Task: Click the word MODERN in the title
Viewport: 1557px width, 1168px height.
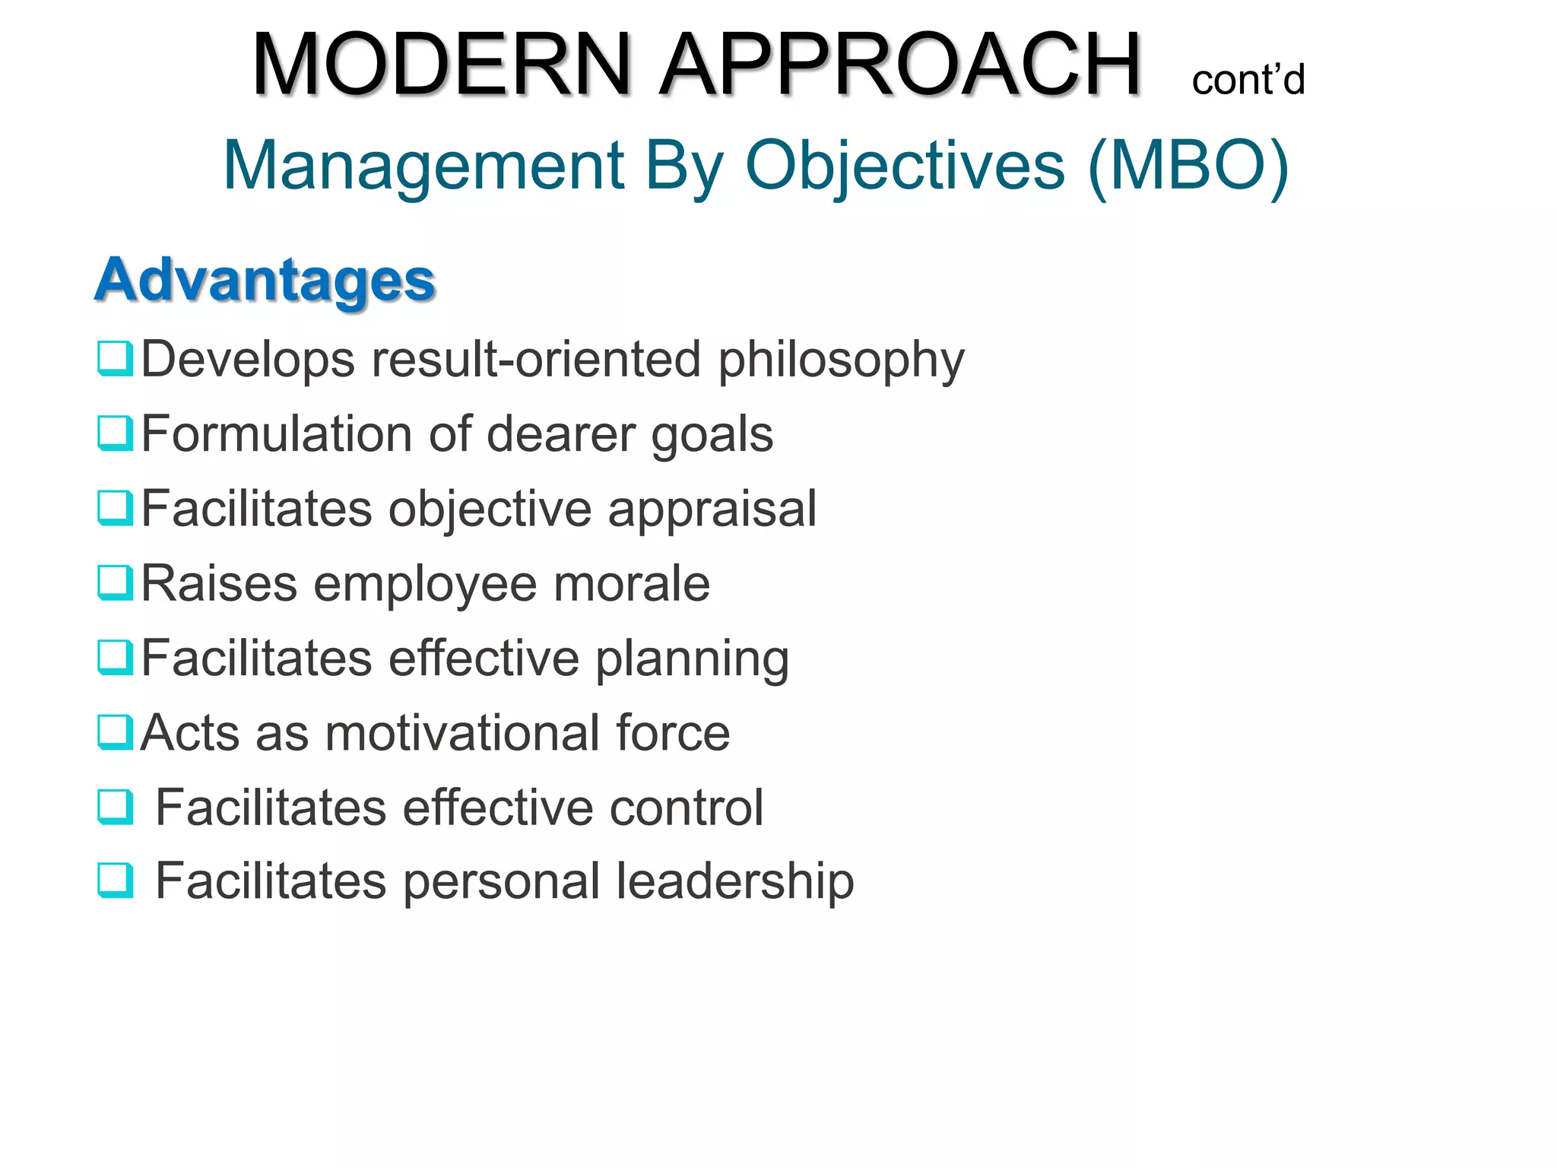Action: click(x=442, y=65)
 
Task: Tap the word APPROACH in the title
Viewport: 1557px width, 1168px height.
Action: click(x=900, y=65)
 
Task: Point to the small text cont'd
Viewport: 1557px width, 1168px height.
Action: click(x=1248, y=80)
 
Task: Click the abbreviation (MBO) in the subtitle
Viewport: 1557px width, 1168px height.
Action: click(x=1188, y=166)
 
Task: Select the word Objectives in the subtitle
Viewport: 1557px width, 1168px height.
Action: click(x=905, y=166)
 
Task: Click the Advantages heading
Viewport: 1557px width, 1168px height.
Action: click(x=265, y=280)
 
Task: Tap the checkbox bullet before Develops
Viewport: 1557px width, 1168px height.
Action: click(x=116, y=358)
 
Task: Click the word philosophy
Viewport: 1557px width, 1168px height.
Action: click(x=841, y=360)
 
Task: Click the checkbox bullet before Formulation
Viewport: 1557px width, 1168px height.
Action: click(x=116, y=433)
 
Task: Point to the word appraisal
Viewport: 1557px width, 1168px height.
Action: click(x=712, y=509)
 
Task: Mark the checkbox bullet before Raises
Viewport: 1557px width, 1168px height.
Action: click(x=116, y=582)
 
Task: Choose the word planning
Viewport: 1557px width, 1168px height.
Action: click(x=692, y=659)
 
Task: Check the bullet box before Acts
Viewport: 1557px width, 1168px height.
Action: click(x=116, y=732)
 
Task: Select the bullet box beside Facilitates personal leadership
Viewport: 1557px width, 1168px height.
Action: click(x=116, y=881)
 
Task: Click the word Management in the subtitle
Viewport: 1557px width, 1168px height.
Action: click(x=423, y=166)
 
